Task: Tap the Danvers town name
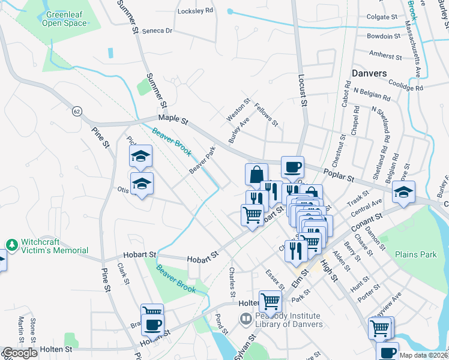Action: pos(369,73)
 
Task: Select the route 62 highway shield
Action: pos(77,111)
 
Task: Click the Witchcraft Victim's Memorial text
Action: pos(55,246)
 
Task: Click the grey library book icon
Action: pos(245,321)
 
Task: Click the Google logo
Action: pos(20,353)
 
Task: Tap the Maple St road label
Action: pos(173,120)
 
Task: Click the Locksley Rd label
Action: pos(196,11)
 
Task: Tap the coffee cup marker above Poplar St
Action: pos(292,167)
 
